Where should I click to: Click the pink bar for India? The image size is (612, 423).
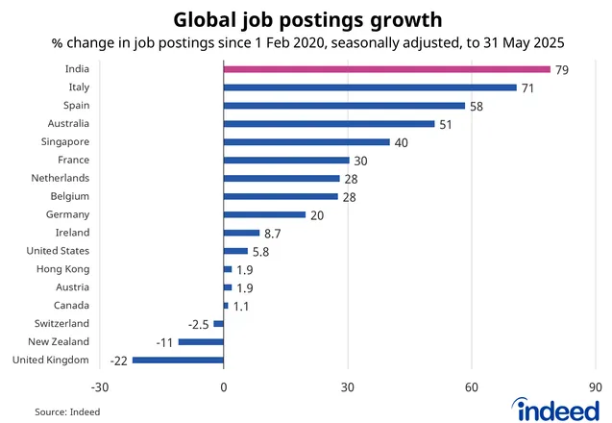point(386,69)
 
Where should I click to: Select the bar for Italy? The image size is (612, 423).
point(370,87)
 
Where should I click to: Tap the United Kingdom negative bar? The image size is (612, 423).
point(178,360)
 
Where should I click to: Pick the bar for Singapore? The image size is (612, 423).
point(306,141)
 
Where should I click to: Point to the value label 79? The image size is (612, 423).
point(561,69)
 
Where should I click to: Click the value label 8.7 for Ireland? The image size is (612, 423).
point(275,233)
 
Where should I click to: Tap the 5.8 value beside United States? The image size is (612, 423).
point(263,251)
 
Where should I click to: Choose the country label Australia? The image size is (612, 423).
point(68,123)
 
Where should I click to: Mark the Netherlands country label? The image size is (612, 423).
point(60,178)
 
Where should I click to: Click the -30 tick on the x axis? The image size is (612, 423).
point(99,387)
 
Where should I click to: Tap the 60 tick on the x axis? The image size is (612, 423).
point(472,387)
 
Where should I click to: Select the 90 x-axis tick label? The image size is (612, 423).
point(596,387)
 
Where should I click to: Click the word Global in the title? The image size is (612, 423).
point(206,19)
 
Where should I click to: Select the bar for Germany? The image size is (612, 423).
point(264,214)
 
